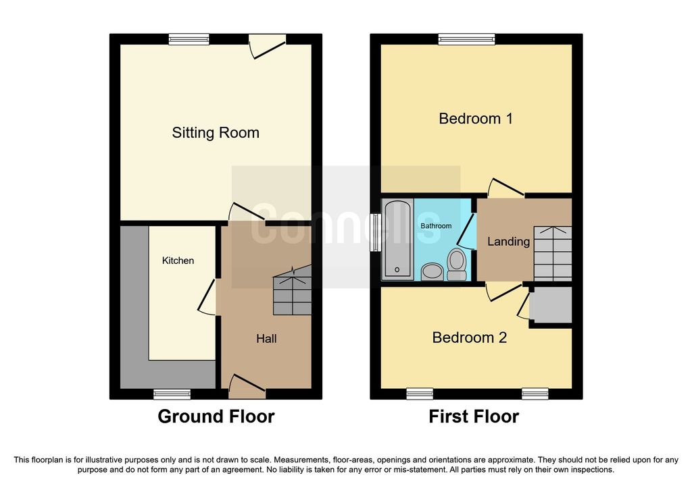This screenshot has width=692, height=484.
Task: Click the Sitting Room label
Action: click(x=216, y=133)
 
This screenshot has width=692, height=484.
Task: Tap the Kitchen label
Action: click(x=178, y=261)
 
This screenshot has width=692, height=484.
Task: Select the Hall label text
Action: click(x=266, y=339)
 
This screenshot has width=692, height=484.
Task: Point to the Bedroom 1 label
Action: click(x=476, y=119)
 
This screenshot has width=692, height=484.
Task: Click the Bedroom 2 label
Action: click(x=469, y=338)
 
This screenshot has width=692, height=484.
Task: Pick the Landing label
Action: click(x=508, y=242)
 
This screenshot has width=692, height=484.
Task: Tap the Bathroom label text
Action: click(x=436, y=225)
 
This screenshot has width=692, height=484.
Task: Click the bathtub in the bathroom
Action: click(x=397, y=240)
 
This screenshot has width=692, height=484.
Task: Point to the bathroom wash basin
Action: click(x=432, y=271)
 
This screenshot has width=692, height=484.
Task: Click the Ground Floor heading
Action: click(x=216, y=416)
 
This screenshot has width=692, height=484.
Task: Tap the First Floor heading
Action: click(x=474, y=416)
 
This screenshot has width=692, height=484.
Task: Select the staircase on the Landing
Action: click(x=553, y=253)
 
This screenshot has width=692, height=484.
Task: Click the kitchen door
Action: click(x=207, y=297)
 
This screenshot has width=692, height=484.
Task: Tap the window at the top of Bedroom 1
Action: click(x=466, y=40)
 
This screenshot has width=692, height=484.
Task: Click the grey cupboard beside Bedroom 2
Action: click(x=550, y=305)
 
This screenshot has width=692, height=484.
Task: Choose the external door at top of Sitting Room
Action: click(x=268, y=47)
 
